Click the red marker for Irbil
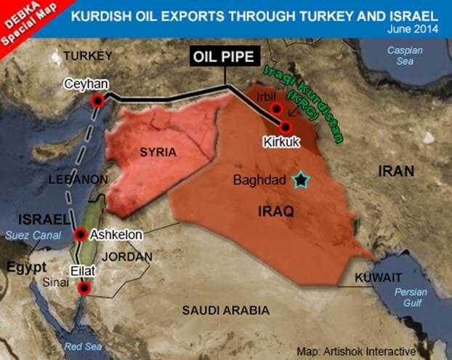(275, 109)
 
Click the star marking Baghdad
(299, 179)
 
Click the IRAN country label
(395, 171)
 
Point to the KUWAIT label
(378, 278)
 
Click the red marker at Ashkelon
(80, 235)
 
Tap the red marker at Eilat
(84, 289)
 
